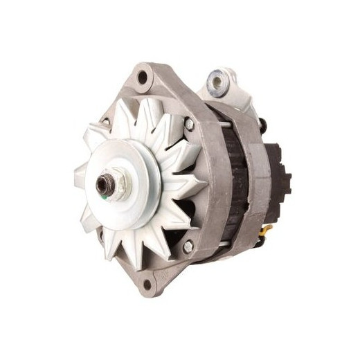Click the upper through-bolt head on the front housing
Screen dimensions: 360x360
[188, 124]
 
